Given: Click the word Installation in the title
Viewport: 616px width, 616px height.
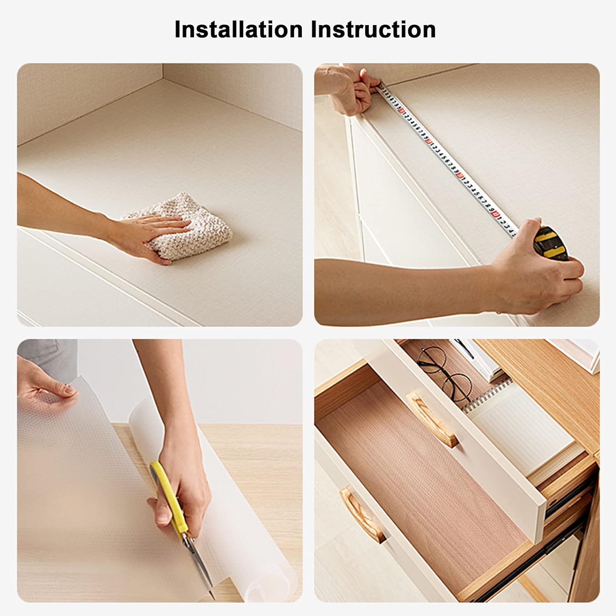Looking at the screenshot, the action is click(x=239, y=29).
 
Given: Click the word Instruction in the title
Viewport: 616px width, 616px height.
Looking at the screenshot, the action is click(x=373, y=29).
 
